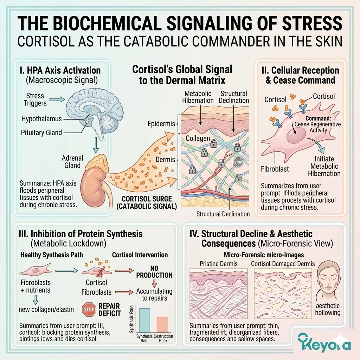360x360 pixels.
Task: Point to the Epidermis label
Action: pyautogui.click(x=161, y=124)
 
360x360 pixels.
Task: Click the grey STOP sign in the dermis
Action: pyautogui.click(x=238, y=162)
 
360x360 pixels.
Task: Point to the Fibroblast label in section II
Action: pyautogui.click(x=275, y=169)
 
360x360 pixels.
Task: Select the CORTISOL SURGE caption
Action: pyautogui.click(x=147, y=202)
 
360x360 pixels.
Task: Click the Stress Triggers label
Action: pyautogui.click(x=35, y=99)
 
